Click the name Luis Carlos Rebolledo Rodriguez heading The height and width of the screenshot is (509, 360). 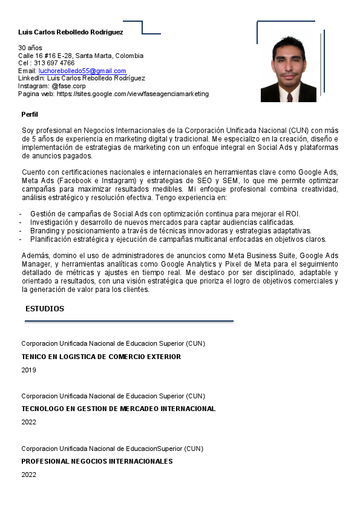[x=71, y=31]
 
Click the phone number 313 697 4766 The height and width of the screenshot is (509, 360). [x=54, y=63]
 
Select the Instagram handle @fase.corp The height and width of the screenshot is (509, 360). [x=68, y=86]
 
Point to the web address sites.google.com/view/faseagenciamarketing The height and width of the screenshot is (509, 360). [x=133, y=94]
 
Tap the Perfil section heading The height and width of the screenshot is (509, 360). [x=30, y=114]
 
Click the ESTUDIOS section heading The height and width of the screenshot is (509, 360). [x=45, y=309]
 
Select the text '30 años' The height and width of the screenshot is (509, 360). [x=30, y=47]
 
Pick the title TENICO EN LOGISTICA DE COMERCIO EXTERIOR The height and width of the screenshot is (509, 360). [x=101, y=357]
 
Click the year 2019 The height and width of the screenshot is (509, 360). [x=28, y=370]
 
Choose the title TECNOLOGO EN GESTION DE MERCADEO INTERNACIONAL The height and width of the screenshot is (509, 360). [x=118, y=409]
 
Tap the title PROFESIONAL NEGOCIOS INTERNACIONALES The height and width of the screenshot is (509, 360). [x=97, y=461]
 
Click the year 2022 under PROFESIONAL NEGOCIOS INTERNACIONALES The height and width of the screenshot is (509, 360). [x=28, y=475]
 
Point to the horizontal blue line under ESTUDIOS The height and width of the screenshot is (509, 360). [x=129, y=321]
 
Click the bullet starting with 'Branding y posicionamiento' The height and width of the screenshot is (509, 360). [x=171, y=231]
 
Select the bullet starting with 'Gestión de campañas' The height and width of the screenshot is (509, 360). [x=165, y=214]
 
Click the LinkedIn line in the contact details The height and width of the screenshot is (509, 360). [x=82, y=78]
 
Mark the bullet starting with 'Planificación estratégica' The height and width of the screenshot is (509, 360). [x=178, y=239]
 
